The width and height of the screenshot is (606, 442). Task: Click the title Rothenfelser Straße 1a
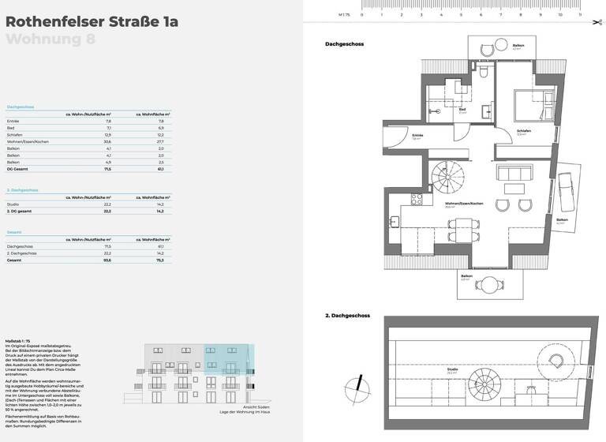pos(92,21)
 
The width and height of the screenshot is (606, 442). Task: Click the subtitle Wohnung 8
pos(50,40)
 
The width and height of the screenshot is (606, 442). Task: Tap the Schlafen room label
pos(523,132)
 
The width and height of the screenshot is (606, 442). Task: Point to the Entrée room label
pos(417,136)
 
